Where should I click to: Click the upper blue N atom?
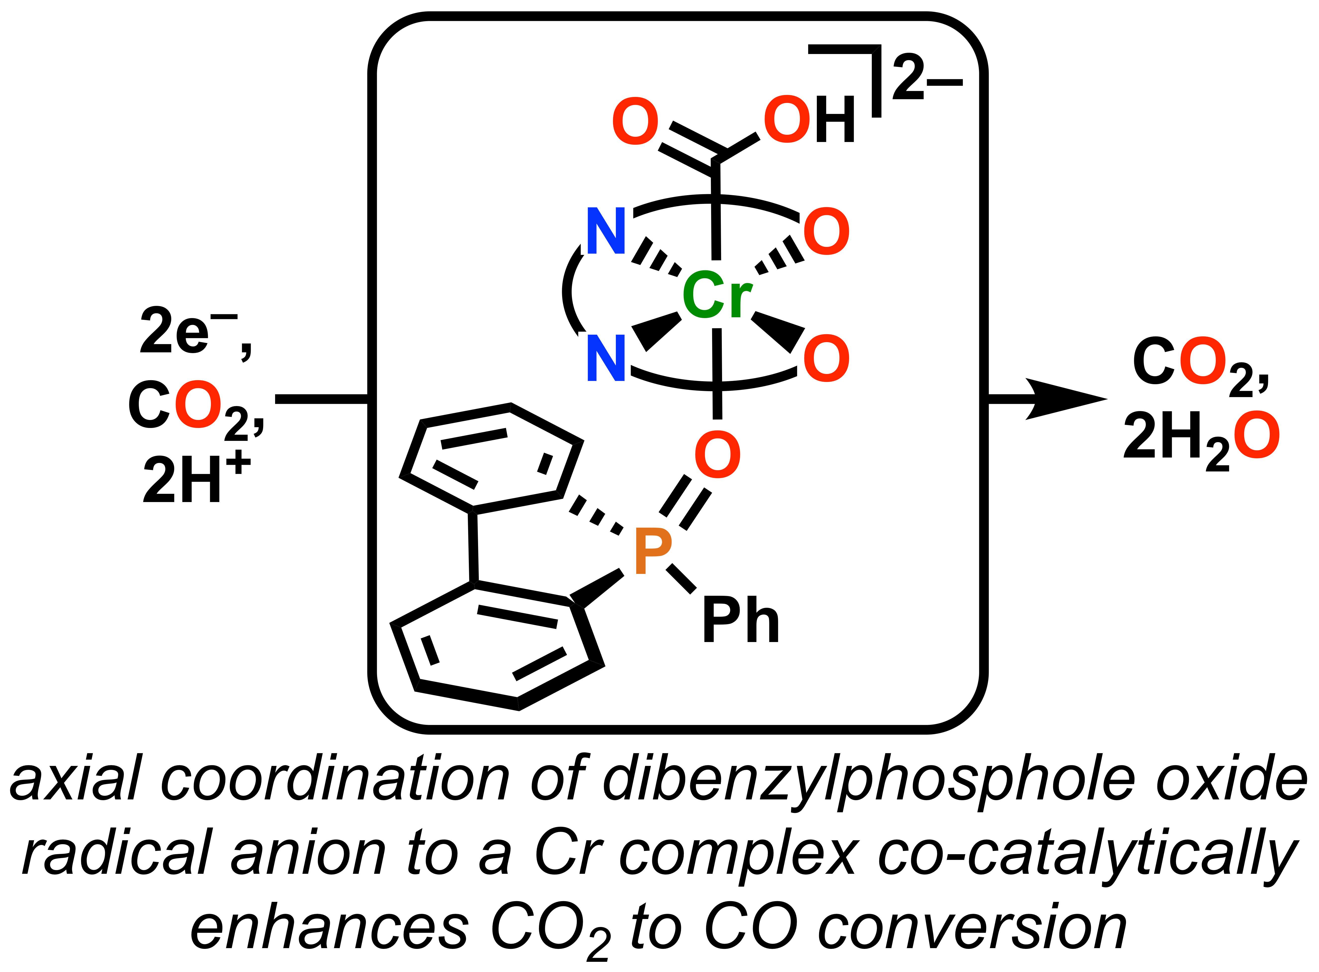606,231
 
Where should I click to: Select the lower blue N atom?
606,358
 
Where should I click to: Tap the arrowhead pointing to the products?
1065,399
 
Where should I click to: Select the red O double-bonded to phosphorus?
718,454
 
